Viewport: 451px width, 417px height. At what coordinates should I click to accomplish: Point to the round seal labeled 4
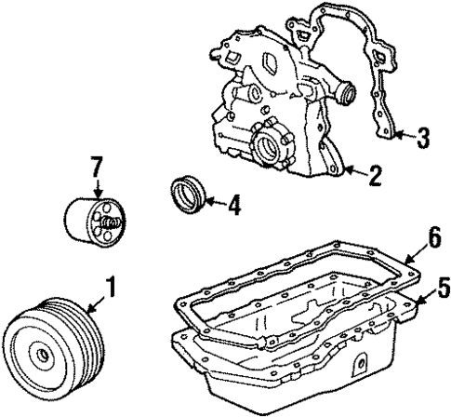click(190, 199)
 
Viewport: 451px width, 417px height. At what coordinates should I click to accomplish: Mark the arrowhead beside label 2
click(345, 171)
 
